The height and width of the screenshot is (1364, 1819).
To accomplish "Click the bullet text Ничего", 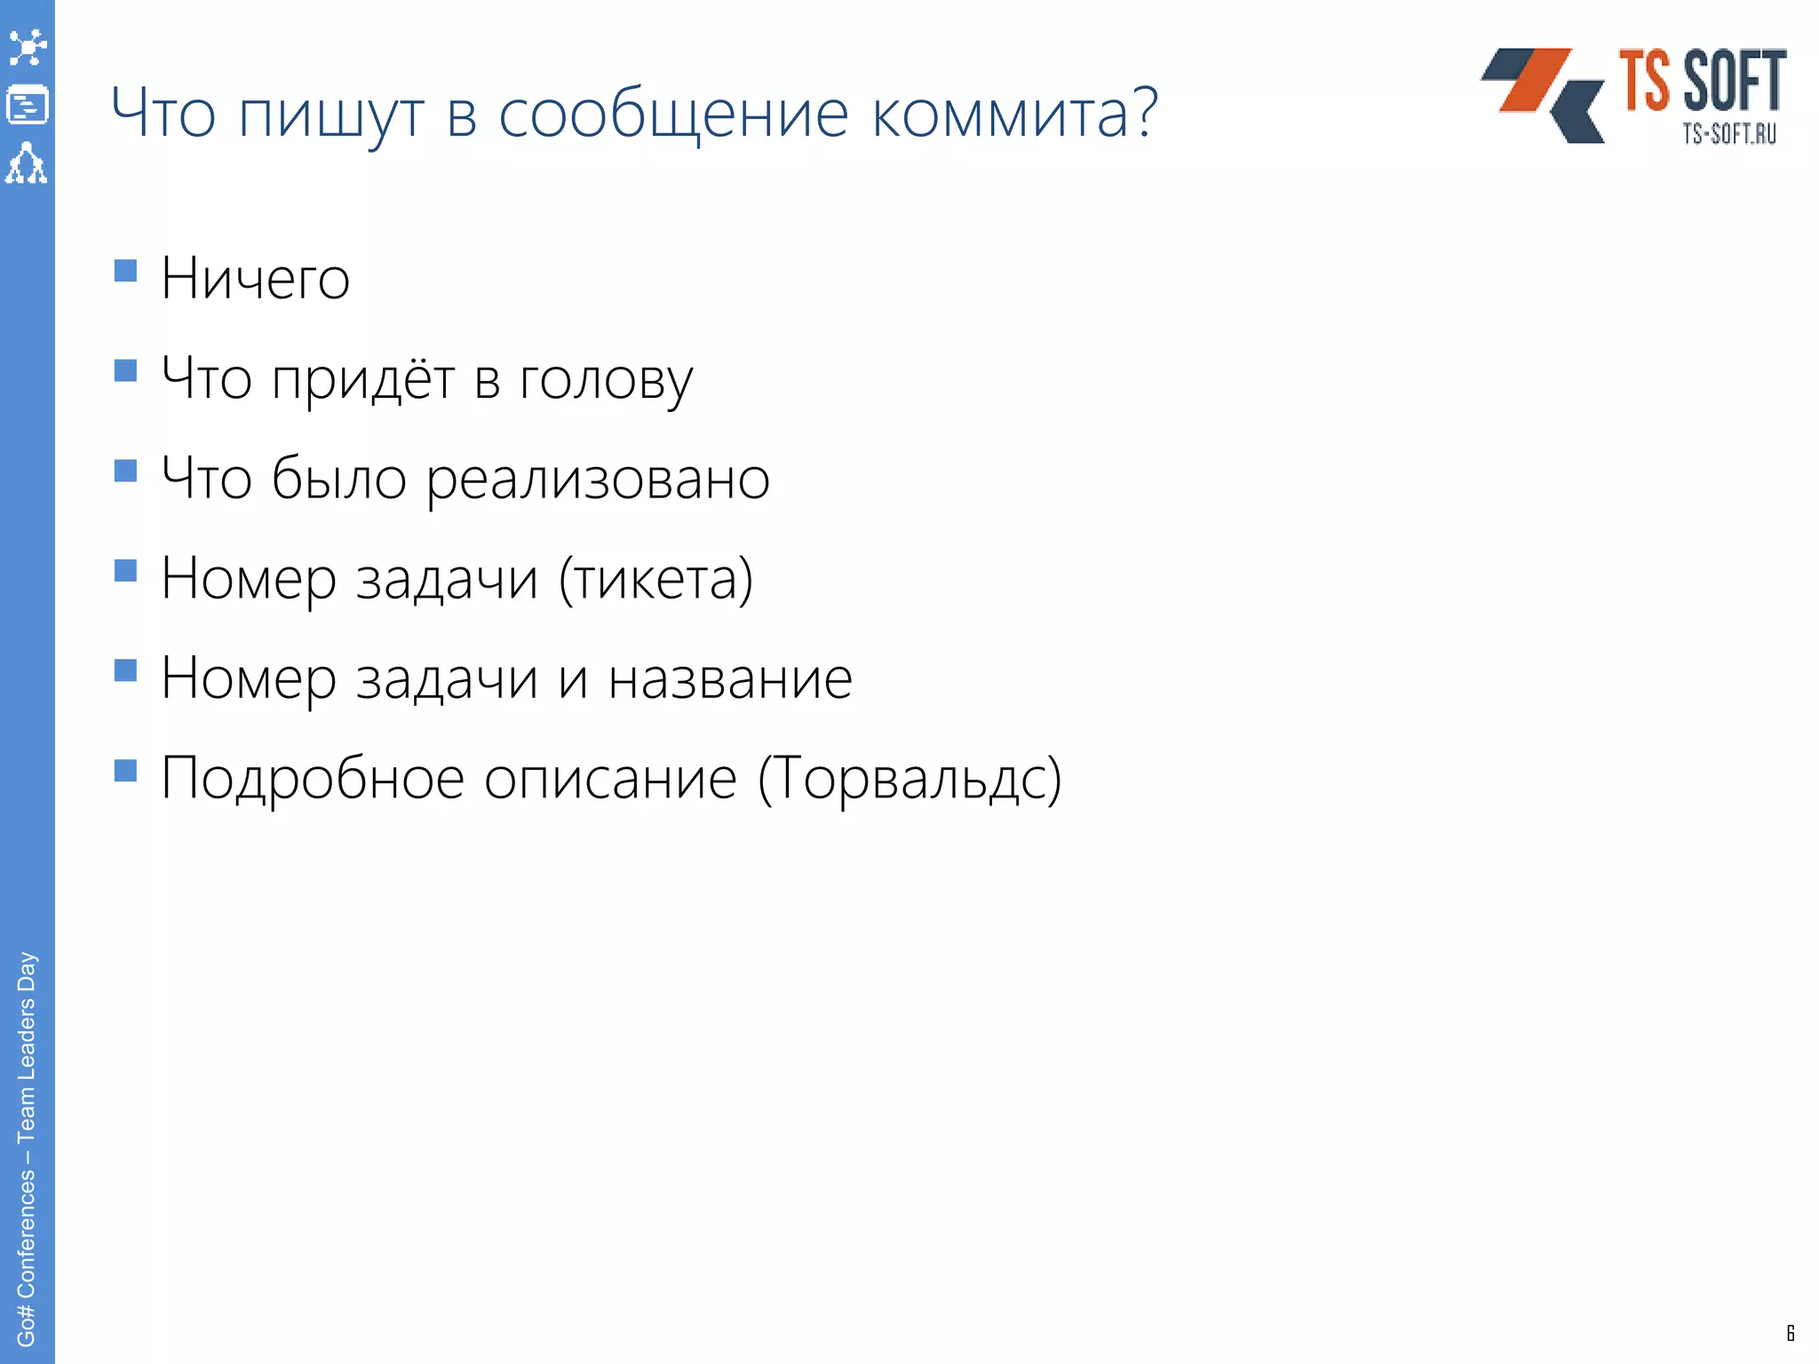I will [255, 279].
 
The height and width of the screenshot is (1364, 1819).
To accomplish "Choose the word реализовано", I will [598, 480].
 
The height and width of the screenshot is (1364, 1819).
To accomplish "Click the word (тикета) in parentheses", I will [655, 579].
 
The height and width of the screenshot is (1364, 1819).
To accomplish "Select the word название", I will [729, 678].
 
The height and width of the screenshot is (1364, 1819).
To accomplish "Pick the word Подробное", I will [313, 779].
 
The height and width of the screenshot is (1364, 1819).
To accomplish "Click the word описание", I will [610, 779].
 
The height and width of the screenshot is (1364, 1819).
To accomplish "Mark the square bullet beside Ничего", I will [126, 270].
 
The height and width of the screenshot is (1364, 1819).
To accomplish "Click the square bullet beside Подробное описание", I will [126, 769].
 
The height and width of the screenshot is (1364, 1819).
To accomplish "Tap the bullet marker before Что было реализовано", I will [126, 470].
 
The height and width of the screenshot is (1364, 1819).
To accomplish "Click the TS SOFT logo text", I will [1702, 82].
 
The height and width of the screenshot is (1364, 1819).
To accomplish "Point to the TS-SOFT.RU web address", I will [1728, 134].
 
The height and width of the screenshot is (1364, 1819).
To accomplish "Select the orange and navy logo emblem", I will [1543, 95].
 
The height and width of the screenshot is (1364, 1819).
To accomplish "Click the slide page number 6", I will [1791, 1332].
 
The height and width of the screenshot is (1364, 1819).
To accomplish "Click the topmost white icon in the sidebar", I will [28, 47].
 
